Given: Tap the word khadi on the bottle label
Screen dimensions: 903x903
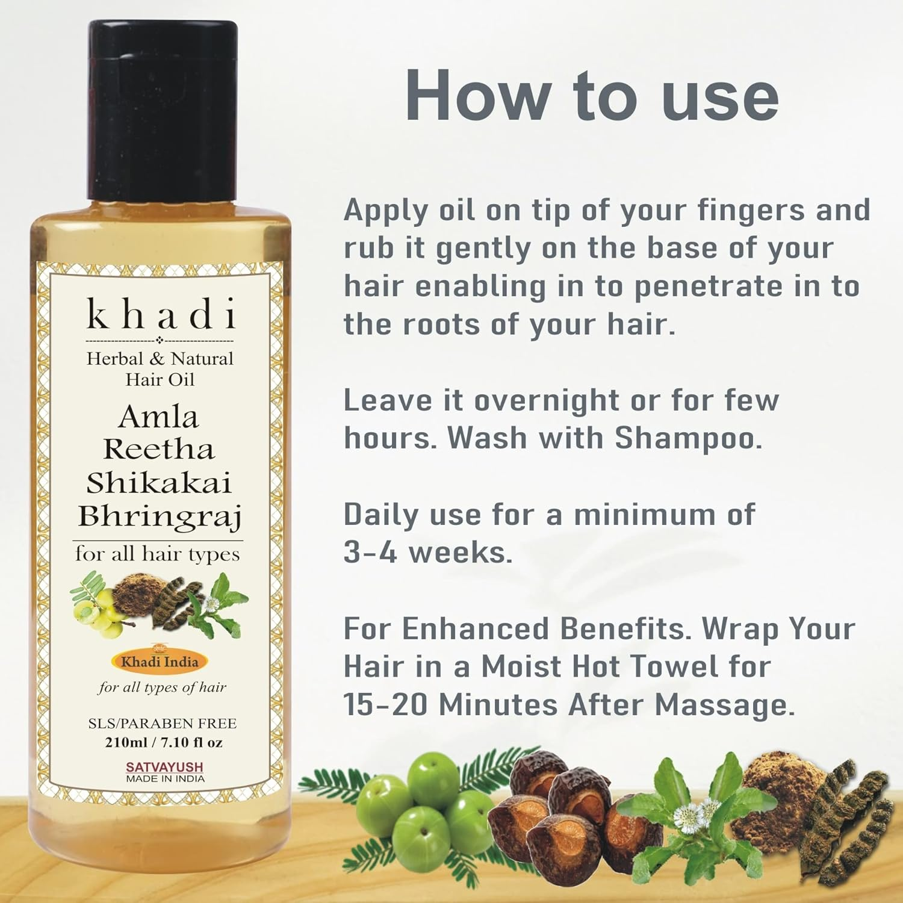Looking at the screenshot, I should (161, 313).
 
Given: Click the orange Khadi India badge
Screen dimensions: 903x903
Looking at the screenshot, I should (160, 662).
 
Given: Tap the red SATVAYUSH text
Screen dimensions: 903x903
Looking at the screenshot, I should (164, 767).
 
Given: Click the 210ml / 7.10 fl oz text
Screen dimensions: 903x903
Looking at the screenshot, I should (164, 742).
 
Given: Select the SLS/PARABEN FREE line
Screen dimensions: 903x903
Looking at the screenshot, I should (163, 723).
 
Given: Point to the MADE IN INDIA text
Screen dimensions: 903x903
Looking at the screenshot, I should (165, 778).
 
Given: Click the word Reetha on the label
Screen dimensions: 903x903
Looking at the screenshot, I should (160, 450).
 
